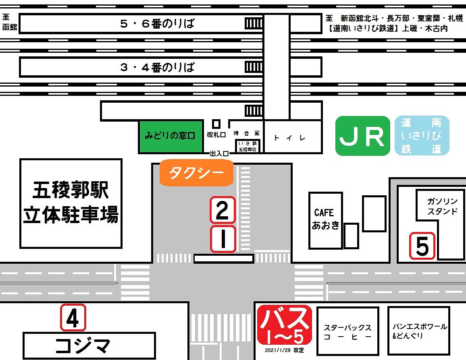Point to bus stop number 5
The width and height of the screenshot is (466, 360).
pyautogui.click(x=422, y=246)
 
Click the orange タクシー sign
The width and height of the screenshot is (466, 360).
pyautogui.click(x=196, y=173)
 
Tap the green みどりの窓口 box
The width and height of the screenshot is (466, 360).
pyautogui.click(x=171, y=137)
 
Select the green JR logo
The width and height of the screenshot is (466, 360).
pyautogui.click(x=363, y=136)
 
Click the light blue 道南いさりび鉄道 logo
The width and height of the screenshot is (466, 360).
pyautogui.click(x=422, y=136)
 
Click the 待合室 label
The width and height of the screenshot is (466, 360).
pyautogui.click(x=246, y=133)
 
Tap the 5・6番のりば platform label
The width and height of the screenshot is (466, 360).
pyautogui.click(x=157, y=24)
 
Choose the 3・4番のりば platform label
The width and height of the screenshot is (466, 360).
pyautogui.click(x=157, y=67)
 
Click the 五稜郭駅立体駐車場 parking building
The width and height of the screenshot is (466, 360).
pyautogui.click(x=71, y=203)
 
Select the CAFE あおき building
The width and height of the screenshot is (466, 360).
pyautogui.click(x=325, y=220)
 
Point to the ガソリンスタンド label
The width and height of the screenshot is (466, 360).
pyautogui.click(x=442, y=207)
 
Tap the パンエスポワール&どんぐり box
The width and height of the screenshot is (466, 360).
pyautogui.click(x=418, y=331)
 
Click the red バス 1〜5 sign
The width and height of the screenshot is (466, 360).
pyautogui.click(x=285, y=325)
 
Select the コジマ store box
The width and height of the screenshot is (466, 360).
pyautogui.click(x=89, y=346)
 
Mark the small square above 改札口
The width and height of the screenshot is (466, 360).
pyautogui.click(x=216, y=124)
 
